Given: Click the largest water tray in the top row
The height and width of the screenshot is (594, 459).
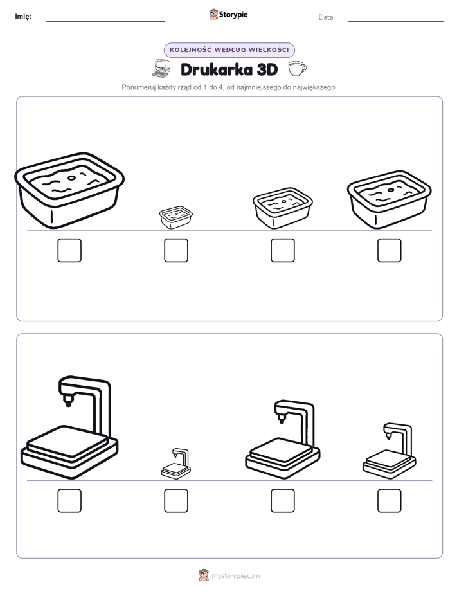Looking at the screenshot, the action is coord(69,190).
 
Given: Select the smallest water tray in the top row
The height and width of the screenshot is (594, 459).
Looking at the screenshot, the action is coord(176,217).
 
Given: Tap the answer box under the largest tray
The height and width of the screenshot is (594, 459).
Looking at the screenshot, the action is coord(69,251).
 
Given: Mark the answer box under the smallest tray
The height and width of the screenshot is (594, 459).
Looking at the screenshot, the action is coord(176,251).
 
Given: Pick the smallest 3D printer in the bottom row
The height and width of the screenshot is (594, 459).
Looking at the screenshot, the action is coord(176,464).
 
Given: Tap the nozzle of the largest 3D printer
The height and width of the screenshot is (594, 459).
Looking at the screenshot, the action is coord(68,401).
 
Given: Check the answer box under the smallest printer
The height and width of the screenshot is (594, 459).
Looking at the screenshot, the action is coord(176,501).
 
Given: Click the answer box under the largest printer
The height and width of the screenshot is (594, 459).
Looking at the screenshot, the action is coord(69,501).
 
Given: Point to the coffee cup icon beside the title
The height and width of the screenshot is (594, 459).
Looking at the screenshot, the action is coord(297,69).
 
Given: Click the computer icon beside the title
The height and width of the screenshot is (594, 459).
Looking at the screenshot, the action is coord(162,69).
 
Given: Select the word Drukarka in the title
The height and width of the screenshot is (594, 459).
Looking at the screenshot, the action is coord(216,69).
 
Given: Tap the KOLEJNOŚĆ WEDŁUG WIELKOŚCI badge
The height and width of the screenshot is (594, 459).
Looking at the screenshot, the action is coord(229,50).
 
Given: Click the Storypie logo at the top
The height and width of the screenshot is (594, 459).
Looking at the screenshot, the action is coord(228,14).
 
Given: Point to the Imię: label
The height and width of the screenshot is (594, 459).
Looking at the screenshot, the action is coord(23,17).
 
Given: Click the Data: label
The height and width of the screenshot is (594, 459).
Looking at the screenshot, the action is coord(327,17).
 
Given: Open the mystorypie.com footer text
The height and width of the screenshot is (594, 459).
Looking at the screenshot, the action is coord(235,576).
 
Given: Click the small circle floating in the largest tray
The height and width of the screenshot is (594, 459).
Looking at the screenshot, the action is coord(71,177).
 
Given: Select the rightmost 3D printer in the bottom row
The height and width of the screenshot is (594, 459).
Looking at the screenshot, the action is coord(390,451).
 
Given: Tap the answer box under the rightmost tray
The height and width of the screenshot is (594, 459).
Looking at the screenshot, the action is coord(390,251).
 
